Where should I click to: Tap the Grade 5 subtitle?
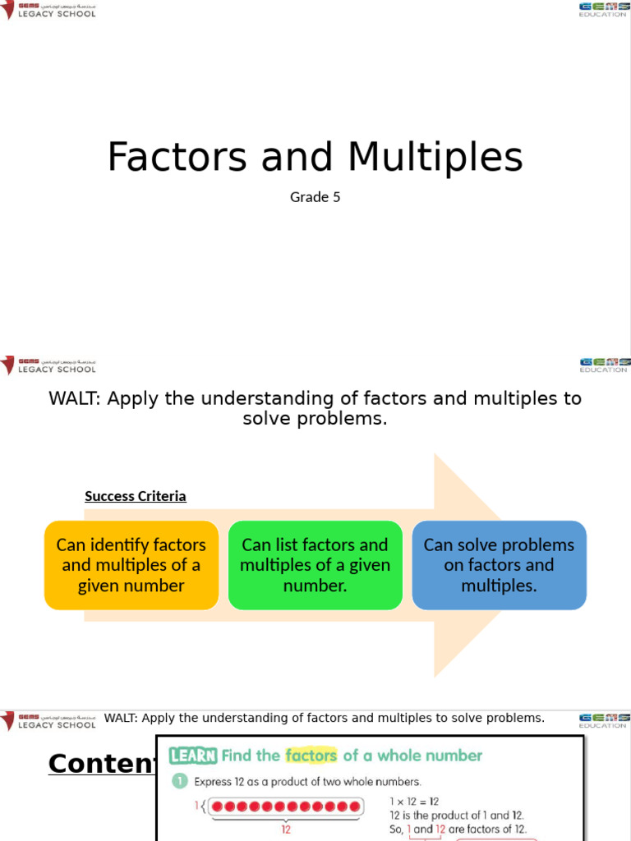click(x=315, y=197)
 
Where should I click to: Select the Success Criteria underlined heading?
click(x=136, y=496)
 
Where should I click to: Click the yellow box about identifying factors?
click(x=131, y=565)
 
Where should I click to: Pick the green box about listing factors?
click(x=315, y=565)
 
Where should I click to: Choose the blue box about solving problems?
click(x=499, y=565)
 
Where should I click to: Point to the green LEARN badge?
click(x=193, y=756)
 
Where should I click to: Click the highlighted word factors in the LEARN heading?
click(x=311, y=756)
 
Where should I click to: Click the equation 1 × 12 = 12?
click(x=414, y=801)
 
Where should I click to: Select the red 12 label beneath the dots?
click(x=286, y=830)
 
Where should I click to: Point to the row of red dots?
click(x=286, y=807)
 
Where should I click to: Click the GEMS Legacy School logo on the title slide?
click(x=49, y=10)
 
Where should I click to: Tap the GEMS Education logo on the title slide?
click(x=603, y=9)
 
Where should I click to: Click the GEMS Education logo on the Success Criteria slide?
click(x=603, y=365)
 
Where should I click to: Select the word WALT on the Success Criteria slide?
click(x=76, y=399)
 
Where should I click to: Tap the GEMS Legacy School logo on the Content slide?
click(x=49, y=720)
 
